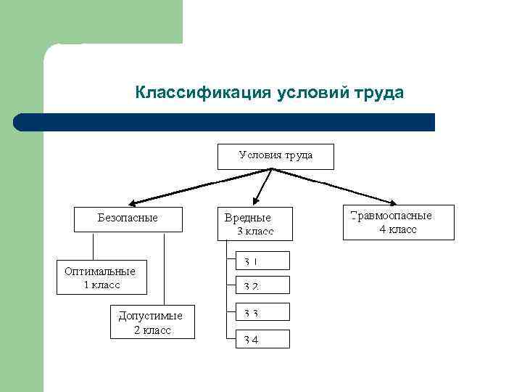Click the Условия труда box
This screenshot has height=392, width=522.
[275, 156]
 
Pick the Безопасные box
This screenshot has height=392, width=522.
[128, 219]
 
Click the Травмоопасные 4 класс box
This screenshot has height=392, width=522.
[398, 222]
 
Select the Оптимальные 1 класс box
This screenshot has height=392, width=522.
[101, 277]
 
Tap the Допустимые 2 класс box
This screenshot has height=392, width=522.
[152, 322]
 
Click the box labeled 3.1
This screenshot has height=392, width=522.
[262, 261]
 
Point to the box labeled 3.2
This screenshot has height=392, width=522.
[262, 285]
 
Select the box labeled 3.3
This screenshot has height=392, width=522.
[262, 312]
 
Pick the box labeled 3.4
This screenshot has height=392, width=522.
[262, 339]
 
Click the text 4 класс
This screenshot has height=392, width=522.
[398, 229]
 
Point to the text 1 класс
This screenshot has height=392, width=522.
[101, 285]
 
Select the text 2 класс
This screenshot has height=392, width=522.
[152, 330]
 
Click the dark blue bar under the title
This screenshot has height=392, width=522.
[225, 122]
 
